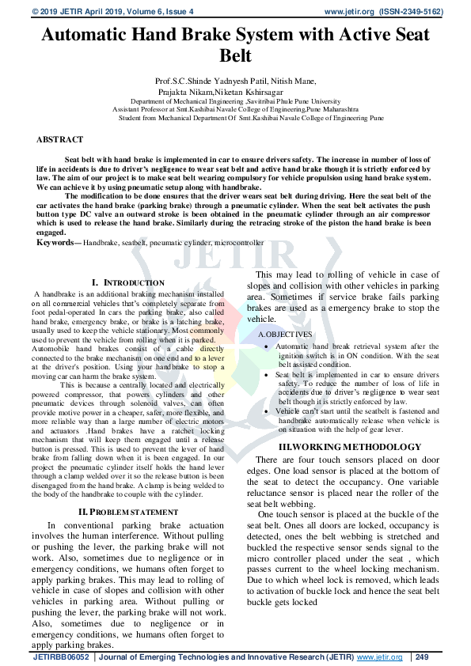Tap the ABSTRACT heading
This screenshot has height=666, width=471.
[59, 139]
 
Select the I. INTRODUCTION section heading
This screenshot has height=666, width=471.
[127, 282]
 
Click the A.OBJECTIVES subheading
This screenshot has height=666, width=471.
[285, 335]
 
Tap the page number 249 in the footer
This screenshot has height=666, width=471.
[422, 657]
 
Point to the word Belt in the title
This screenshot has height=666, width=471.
[235, 56]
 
